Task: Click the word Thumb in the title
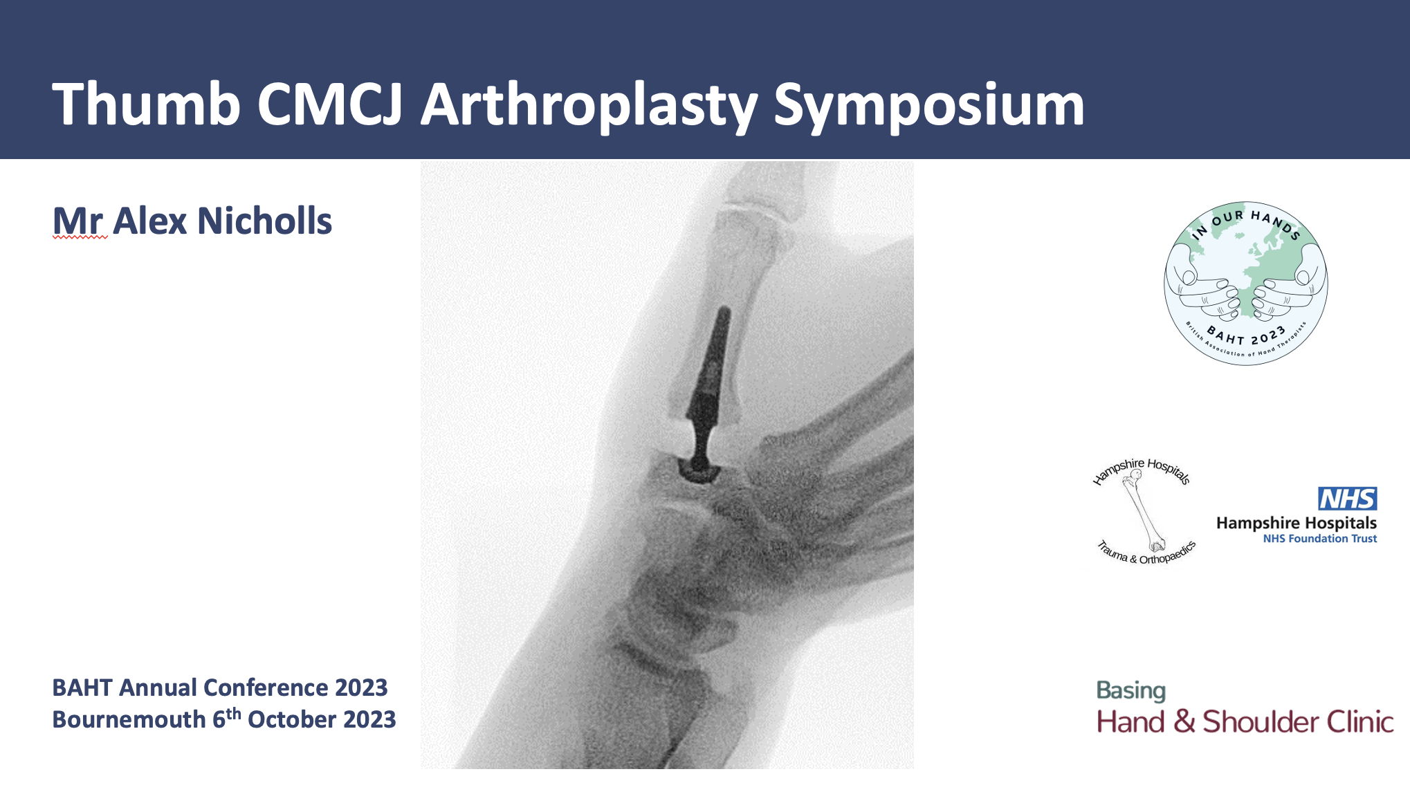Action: (146, 104)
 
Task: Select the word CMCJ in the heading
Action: (330, 104)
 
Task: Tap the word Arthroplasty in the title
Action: (589, 107)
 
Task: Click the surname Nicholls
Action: (265, 221)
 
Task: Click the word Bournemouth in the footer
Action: (129, 719)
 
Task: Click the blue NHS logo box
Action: (1347, 499)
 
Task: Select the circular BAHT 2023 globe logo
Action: (1246, 284)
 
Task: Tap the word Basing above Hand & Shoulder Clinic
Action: (1131, 690)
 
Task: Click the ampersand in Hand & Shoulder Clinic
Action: (1184, 721)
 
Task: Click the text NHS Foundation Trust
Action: (1320, 539)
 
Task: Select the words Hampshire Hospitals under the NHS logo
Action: (1297, 523)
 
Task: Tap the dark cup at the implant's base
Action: (699, 470)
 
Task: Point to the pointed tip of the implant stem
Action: (725, 309)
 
